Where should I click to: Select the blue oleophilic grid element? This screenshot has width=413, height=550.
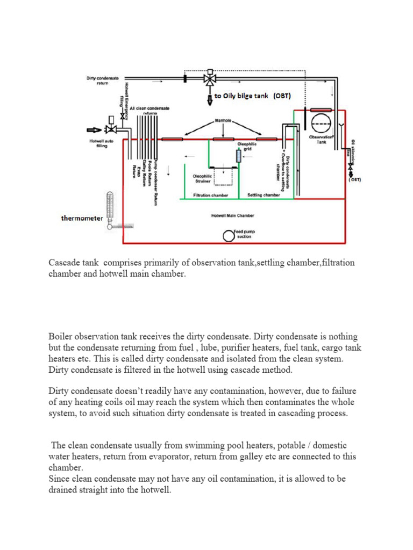pos(239,156)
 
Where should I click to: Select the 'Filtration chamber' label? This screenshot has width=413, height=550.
pos(210,196)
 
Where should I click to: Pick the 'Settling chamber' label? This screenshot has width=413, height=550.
pos(263,196)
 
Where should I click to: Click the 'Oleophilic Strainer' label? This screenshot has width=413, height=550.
pos(203,178)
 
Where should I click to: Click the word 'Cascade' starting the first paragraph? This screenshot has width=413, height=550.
pos(64,263)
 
